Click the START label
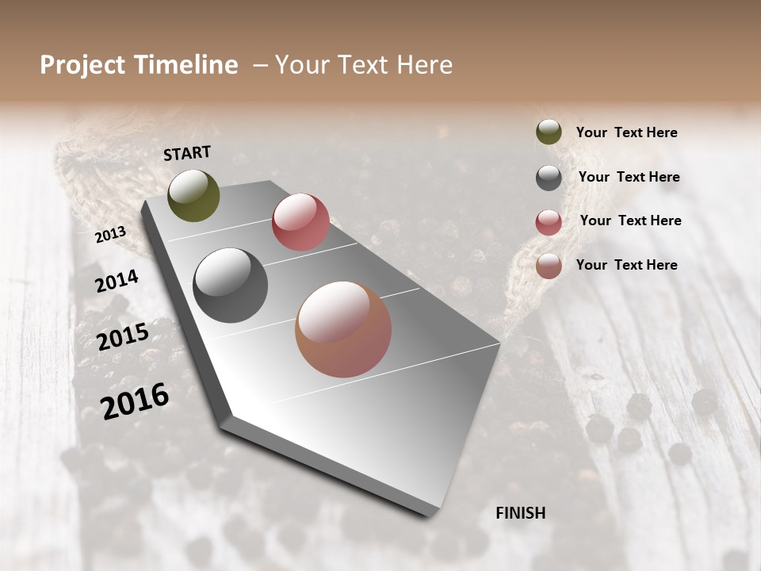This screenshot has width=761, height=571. click(x=187, y=153)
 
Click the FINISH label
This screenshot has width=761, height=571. click(x=521, y=513)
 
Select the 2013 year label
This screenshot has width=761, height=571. click(x=110, y=235)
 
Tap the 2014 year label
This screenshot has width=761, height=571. click(x=117, y=281)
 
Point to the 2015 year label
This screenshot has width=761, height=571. click(x=123, y=337)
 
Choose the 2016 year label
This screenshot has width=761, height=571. click(x=135, y=400)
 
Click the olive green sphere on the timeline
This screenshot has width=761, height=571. click(x=193, y=195)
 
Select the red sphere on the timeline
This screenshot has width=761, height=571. click(x=300, y=222)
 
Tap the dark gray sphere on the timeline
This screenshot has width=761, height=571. click(x=230, y=285)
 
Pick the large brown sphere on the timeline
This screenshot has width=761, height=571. click(x=343, y=329)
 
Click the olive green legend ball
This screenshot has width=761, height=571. click(x=549, y=132)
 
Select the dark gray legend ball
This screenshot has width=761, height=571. click(x=549, y=178)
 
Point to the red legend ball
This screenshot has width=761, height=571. click(x=549, y=222)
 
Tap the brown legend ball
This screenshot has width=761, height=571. click(x=549, y=266)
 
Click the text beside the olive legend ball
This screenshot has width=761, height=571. click(x=626, y=132)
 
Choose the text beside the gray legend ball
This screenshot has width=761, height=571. click(x=629, y=177)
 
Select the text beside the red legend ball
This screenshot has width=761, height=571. click(x=630, y=220)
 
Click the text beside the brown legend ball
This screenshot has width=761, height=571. click(x=626, y=265)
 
